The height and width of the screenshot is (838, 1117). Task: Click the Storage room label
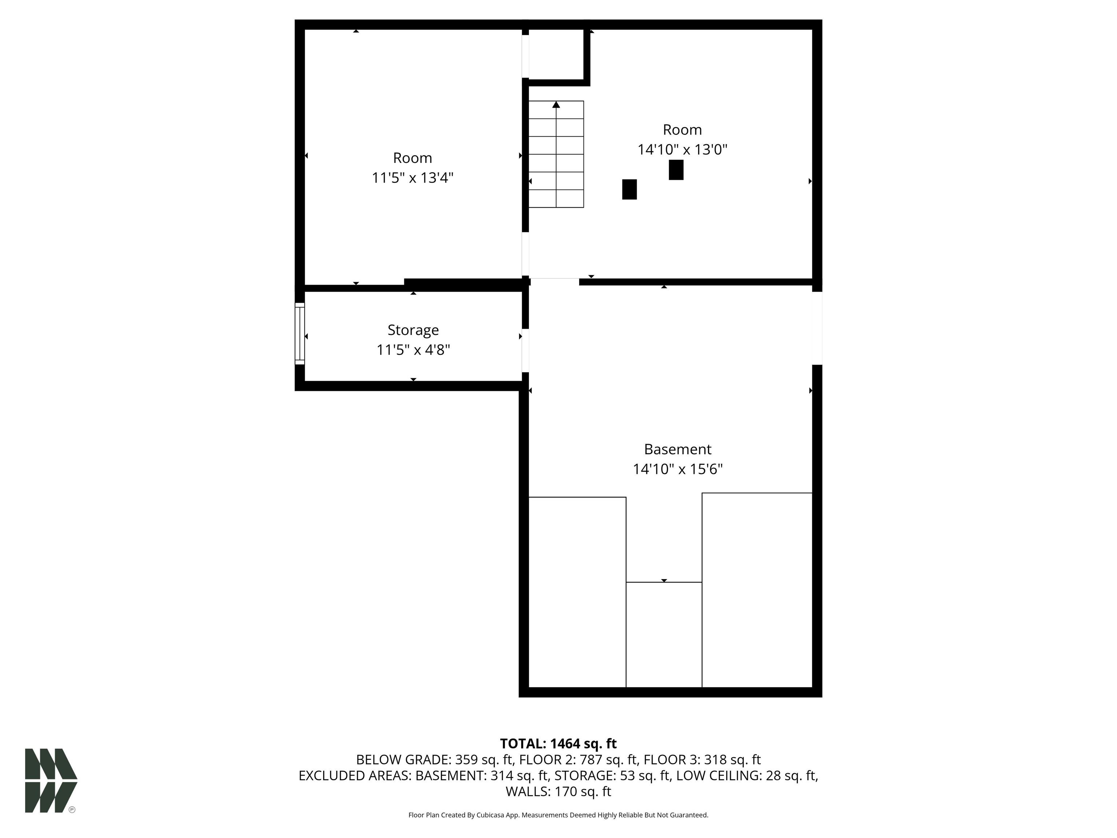pos(413,330)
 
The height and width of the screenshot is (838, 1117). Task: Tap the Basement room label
pos(678,449)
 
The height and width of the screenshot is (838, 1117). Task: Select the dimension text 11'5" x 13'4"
pos(413,178)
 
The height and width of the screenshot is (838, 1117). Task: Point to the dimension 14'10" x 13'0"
pos(682,149)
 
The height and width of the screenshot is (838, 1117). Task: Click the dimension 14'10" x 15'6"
pos(678,469)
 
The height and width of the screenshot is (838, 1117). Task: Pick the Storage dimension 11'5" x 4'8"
pos(413,350)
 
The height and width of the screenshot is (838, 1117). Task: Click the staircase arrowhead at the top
pos(556,104)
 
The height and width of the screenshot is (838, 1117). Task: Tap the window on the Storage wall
pos(300,334)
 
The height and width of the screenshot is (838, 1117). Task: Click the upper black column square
pos(676,170)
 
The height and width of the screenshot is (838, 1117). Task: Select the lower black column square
pos(629,189)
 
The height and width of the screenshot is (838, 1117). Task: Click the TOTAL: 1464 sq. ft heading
pos(558,743)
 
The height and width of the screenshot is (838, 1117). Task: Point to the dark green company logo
pos(51,781)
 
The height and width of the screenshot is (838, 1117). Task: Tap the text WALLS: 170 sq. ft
pos(558,791)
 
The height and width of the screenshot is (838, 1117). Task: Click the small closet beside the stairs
pos(556,55)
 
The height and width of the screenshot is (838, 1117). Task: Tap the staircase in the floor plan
pos(556,154)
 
